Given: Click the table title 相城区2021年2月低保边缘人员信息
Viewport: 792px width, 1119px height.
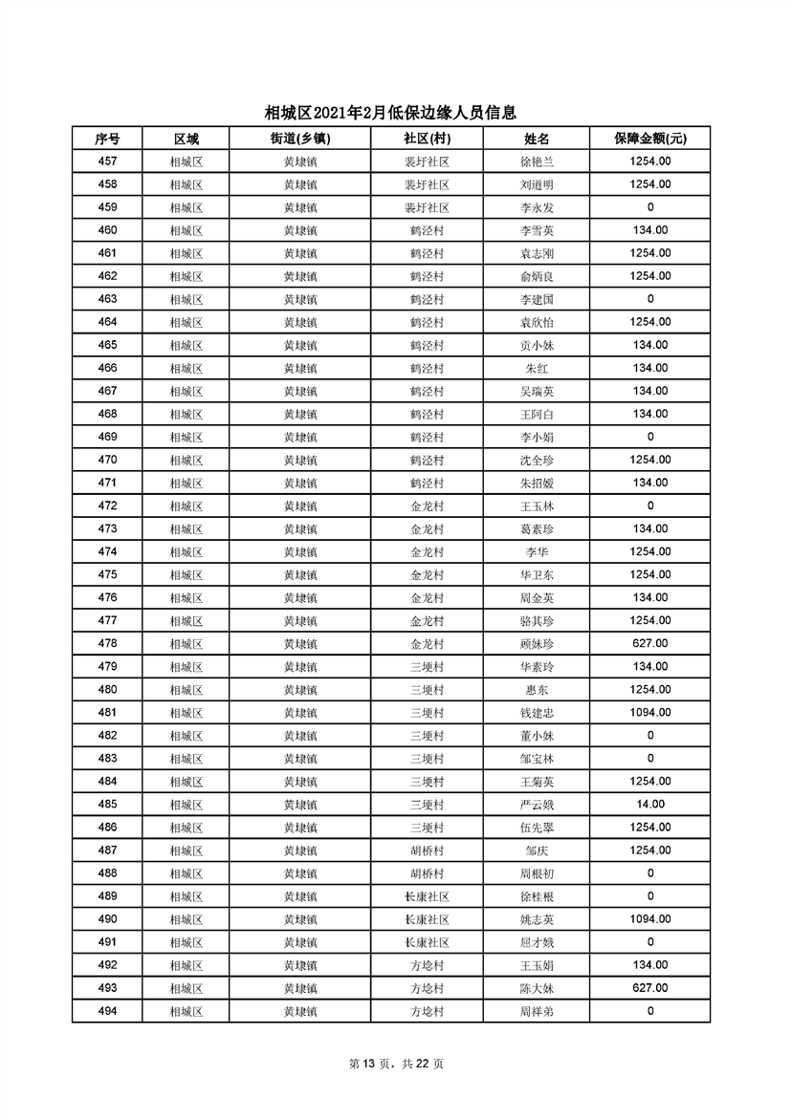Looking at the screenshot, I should pyautogui.click(x=396, y=113).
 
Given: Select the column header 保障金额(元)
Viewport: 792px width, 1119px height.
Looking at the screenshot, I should pyautogui.click(x=650, y=139).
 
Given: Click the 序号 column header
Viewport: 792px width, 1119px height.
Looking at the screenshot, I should pyautogui.click(x=107, y=139).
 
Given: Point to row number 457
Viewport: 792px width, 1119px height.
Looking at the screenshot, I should pyautogui.click(x=107, y=161).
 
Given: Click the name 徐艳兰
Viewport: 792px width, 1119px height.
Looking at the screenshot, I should pyautogui.click(x=537, y=161).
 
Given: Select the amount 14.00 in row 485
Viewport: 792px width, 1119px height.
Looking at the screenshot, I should pyautogui.click(x=650, y=805).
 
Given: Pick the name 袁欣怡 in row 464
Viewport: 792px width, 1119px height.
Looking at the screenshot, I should pyautogui.click(x=537, y=322).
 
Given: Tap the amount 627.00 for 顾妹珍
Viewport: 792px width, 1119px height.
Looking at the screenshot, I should pyautogui.click(x=650, y=643).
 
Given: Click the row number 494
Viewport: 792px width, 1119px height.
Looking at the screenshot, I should pyautogui.click(x=107, y=1011).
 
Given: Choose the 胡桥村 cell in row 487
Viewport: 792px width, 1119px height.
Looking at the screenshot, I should pyautogui.click(x=427, y=850).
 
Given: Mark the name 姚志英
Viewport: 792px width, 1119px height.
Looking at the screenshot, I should pyautogui.click(x=537, y=919).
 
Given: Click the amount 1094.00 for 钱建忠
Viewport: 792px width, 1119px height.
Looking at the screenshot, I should pyautogui.click(x=650, y=712).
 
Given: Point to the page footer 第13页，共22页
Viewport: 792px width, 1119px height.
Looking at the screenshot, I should pyautogui.click(x=396, y=1064).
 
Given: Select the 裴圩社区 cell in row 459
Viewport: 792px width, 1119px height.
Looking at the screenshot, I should pyautogui.click(x=427, y=207).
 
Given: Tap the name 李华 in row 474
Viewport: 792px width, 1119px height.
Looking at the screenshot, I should pyautogui.click(x=537, y=551).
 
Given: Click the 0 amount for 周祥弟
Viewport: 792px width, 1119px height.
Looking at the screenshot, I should pyautogui.click(x=650, y=1011).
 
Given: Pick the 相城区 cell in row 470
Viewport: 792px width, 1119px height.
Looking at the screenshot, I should pyautogui.click(x=186, y=460).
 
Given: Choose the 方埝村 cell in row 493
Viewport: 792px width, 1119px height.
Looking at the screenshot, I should pyautogui.click(x=427, y=988).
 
